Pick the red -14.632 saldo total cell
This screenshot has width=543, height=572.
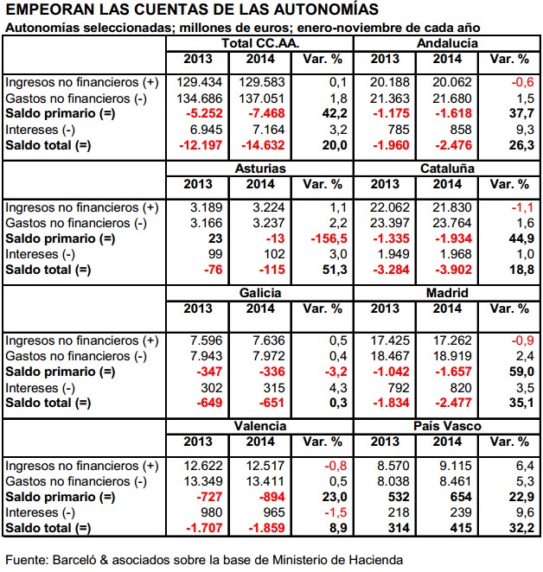[260, 145]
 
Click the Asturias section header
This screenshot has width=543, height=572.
[260, 168]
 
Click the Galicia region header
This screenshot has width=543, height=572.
[260, 294]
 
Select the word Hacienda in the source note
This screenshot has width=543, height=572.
[377, 559]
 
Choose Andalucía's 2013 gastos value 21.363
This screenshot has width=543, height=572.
[387, 97]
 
